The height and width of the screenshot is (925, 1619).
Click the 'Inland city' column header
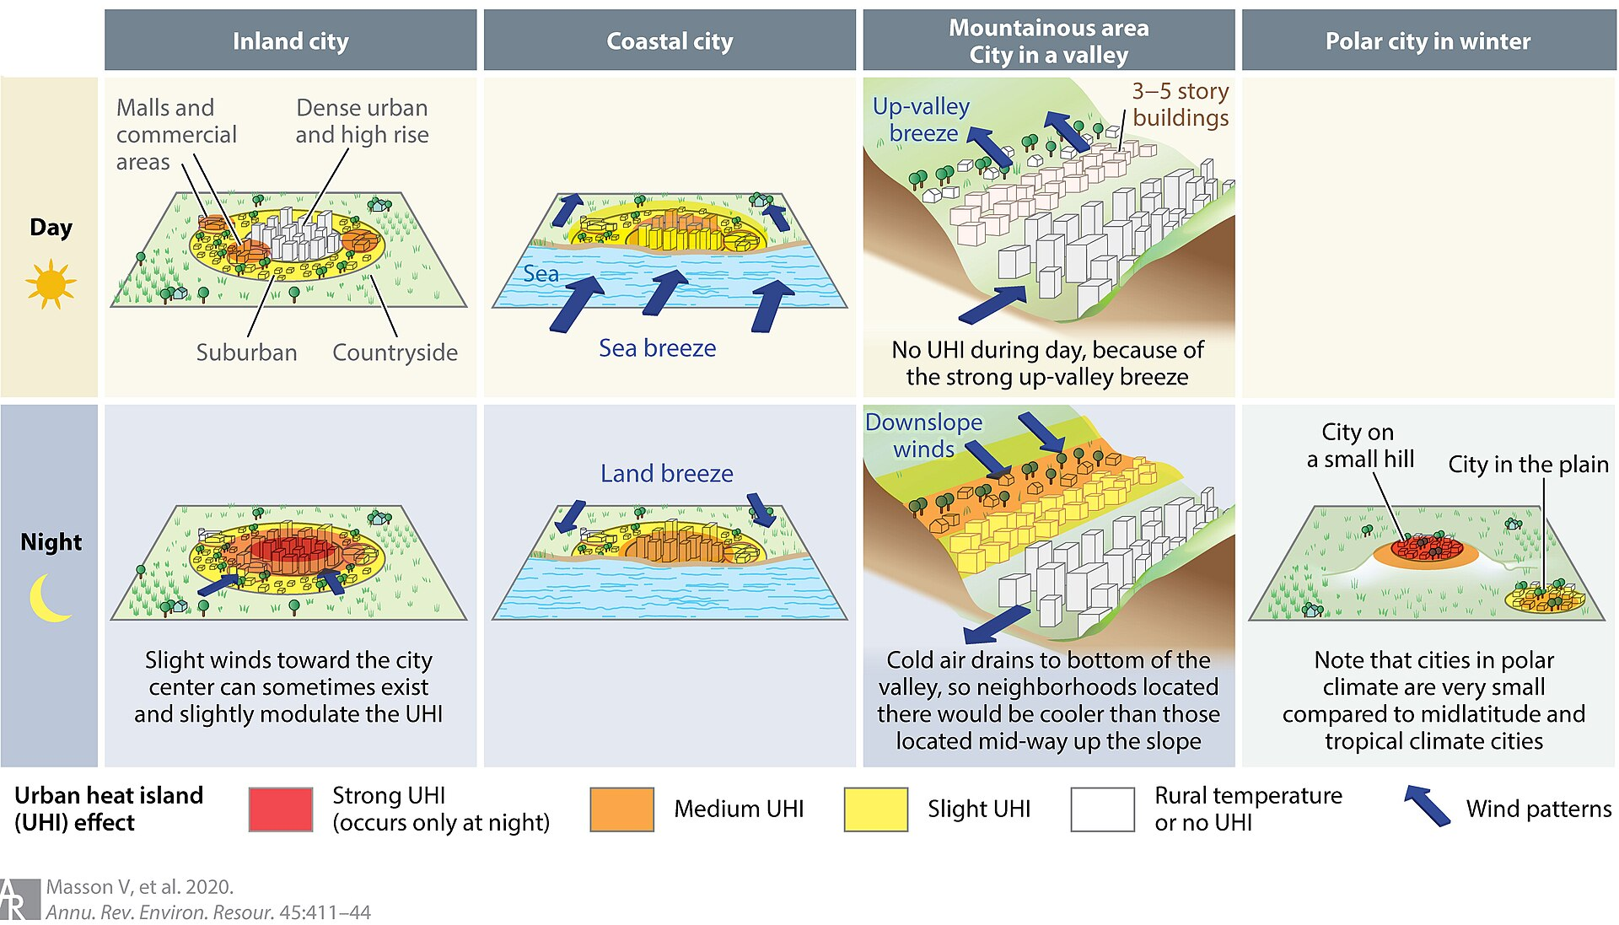[290, 40]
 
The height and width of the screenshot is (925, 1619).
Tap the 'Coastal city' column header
[670, 40]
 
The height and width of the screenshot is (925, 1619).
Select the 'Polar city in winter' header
[1428, 40]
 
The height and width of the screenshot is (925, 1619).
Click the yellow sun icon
[51, 284]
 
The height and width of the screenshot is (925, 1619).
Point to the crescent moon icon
[46, 598]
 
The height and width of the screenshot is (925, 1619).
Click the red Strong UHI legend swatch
[281, 809]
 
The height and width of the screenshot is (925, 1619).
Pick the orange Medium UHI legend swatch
[622, 809]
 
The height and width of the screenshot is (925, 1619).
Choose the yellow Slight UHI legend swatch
[876, 809]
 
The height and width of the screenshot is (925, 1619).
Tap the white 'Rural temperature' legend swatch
[1103, 809]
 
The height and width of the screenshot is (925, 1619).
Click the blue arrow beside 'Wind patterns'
[1427, 805]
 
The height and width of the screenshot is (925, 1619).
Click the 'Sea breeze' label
[658, 348]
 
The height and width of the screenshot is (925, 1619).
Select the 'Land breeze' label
[667, 474]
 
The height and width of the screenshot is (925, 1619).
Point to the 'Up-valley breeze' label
[922, 120]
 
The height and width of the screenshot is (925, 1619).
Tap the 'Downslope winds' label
[924, 435]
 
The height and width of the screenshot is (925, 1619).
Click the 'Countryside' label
[395, 352]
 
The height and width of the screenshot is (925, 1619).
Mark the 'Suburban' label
[246, 352]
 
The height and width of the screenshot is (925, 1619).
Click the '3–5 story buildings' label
[1181, 105]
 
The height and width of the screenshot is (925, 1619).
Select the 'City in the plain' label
[1529, 465]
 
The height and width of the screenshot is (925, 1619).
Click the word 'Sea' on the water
[541, 274]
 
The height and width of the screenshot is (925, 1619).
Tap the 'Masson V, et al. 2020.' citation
[140, 887]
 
